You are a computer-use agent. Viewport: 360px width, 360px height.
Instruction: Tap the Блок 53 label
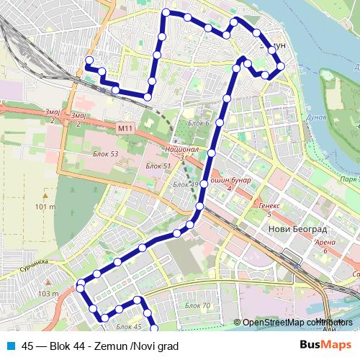[x=105, y=154]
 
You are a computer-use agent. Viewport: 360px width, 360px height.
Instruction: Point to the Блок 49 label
[x=185, y=185]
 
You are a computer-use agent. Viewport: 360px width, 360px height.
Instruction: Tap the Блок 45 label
[x=127, y=326]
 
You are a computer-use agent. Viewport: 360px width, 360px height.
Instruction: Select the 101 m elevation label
[x=45, y=207]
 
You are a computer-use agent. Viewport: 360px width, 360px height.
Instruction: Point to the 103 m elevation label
[x=48, y=293]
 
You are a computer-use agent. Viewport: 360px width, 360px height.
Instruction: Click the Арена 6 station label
[x=325, y=246]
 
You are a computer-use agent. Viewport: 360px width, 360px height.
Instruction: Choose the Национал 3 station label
[x=181, y=152]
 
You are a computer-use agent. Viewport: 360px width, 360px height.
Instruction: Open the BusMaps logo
[x=325, y=345]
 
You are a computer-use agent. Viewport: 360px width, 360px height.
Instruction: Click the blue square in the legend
[x=12, y=346]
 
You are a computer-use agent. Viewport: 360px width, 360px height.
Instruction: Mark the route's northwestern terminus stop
[x=89, y=60]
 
